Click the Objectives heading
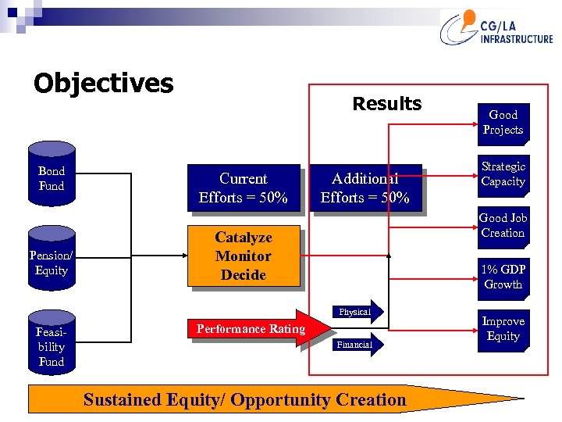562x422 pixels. pyautogui.click(x=103, y=83)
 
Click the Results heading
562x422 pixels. pyautogui.click(x=386, y=103)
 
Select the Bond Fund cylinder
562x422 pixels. pyautogui.click(x=52, y=178)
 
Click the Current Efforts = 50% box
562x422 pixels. pyautogui.click(x=243, y=188)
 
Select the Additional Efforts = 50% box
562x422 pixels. pyautogui.click(x=365, y=188)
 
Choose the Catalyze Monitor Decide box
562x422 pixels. pyautogui.click(x=244, y=256)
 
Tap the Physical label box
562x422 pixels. pyautogui.click(x=356, y=312)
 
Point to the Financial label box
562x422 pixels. pyautogui.click(x=355, y=344)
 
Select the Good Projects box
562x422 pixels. pyautogui.click(x=503, y=123)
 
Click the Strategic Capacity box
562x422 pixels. pyautogui.click(x=503, y=174)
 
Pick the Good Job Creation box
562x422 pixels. pyautogui.click(x=503, y=226)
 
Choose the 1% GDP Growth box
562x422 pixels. pyautogui.click(x=503, y=277)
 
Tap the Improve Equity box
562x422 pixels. pyautogui.click(x=503, y=329)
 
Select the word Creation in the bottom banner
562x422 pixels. pyautogui.click(x=370, y=400)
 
